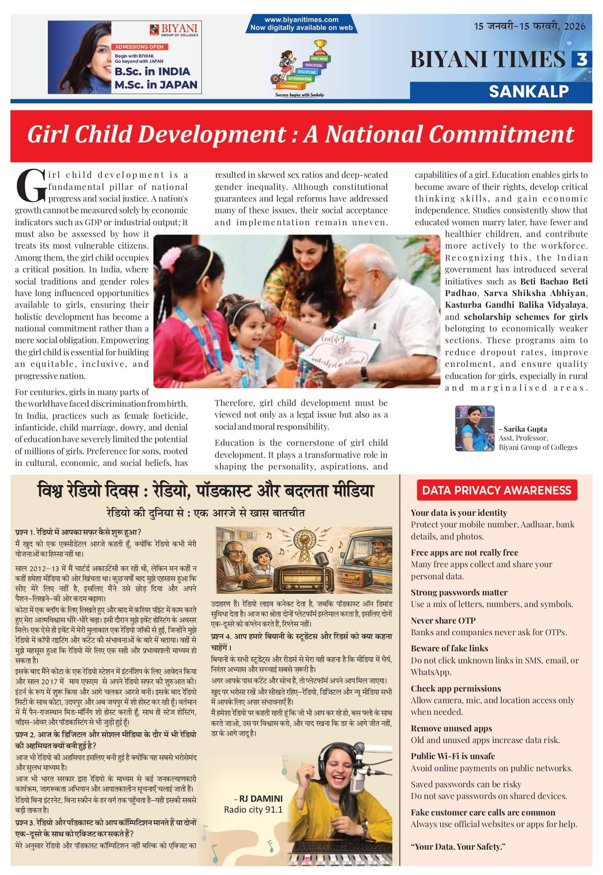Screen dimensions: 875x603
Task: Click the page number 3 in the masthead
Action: [581, 60]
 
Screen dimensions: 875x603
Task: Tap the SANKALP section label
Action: [529, 92]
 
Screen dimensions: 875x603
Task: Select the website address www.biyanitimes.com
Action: [301, 19]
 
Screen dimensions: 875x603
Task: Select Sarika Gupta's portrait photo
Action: [474, 428]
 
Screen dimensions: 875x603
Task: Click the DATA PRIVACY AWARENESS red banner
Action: [496, 490]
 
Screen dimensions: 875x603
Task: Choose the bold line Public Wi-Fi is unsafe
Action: [453, 756]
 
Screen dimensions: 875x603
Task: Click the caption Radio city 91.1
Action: [253, 809]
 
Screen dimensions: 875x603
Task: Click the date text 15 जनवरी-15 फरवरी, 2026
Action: [529, 27]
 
